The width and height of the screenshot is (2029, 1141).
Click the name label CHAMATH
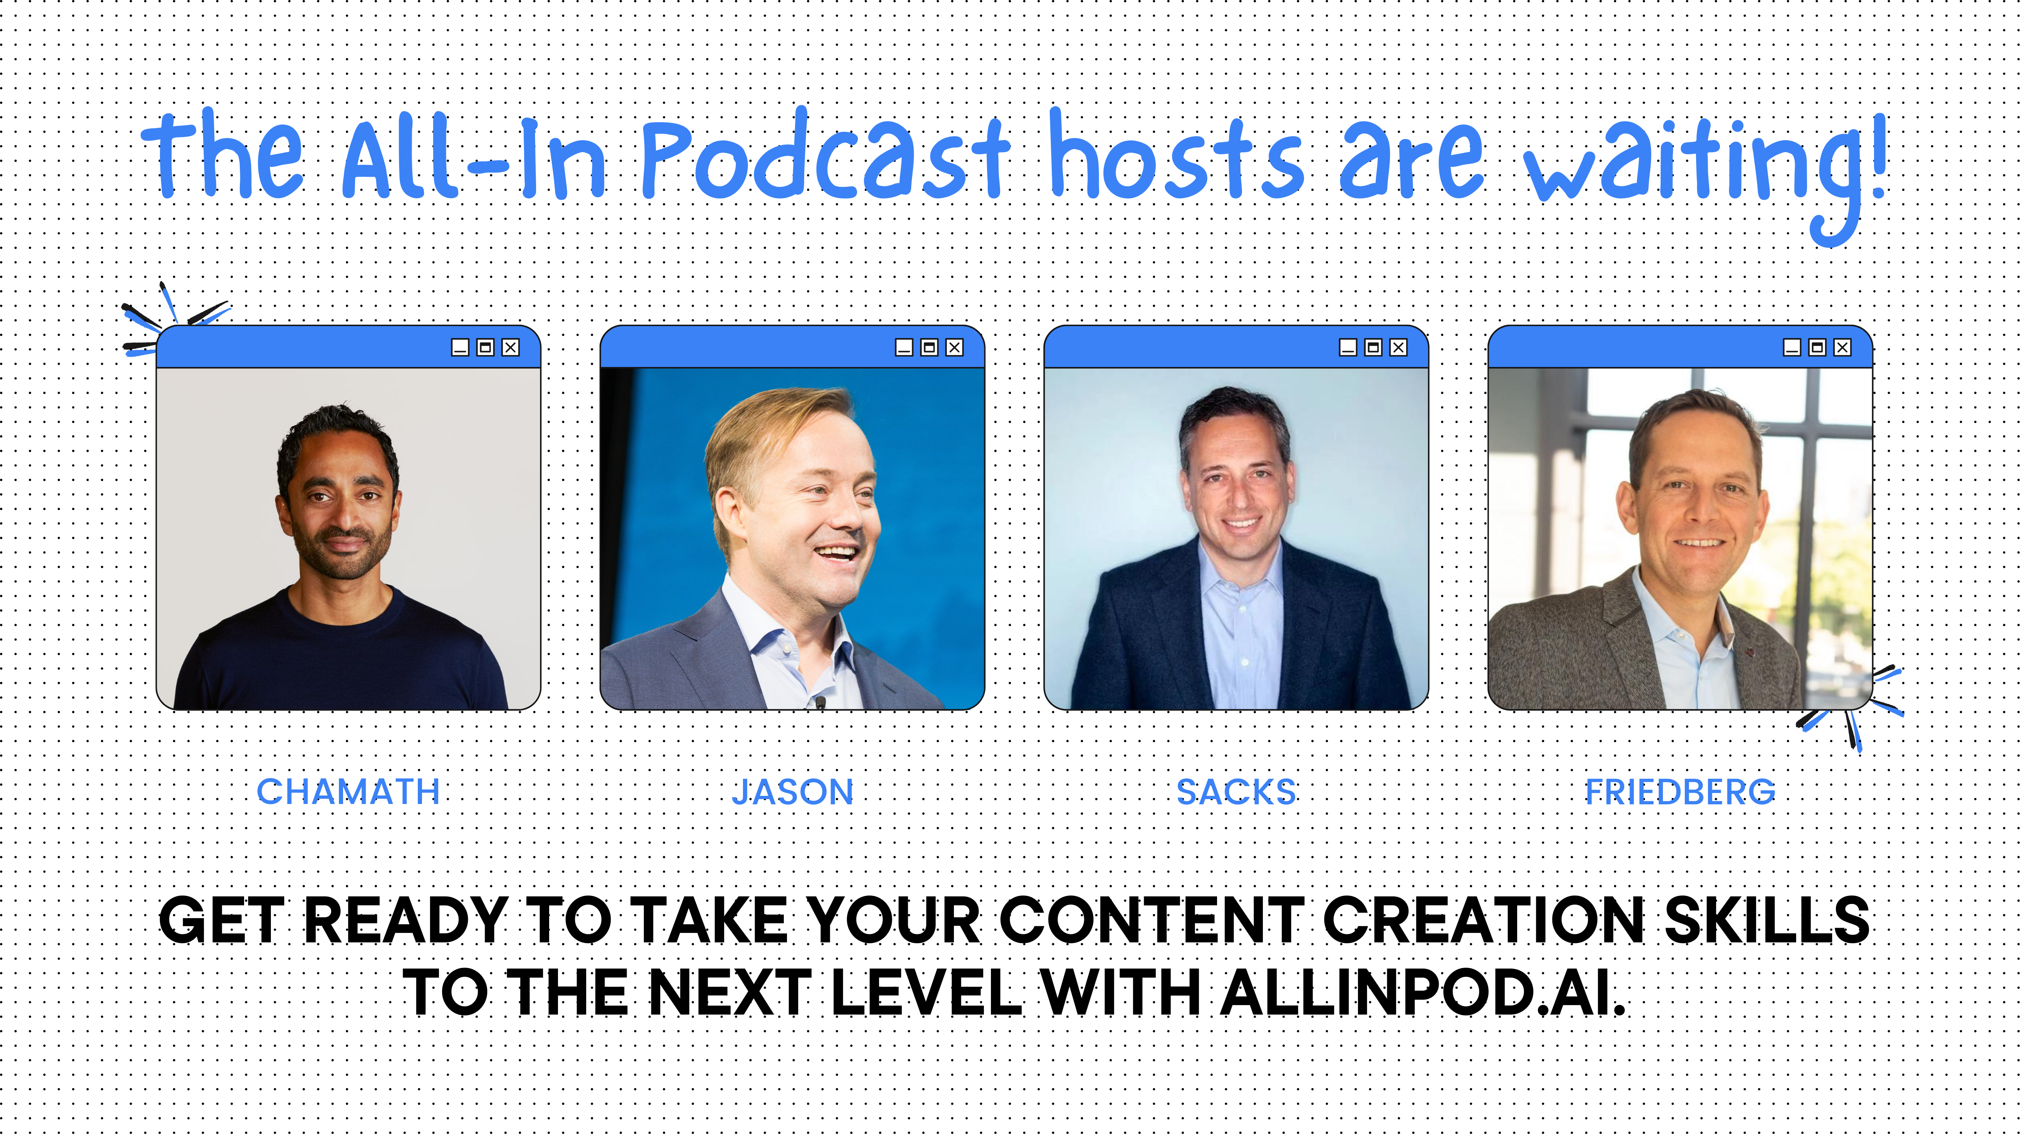[x=348, y=791]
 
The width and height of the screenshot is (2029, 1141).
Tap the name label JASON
[x=792, y=791]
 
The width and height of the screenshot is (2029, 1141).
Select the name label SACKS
[x=1236, y=791]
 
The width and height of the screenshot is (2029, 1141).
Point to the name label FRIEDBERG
[x=1680, y=791]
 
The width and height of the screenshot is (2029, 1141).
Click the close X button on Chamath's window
[x=510, y=347]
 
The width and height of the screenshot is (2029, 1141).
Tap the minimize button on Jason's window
[x=904, y=347]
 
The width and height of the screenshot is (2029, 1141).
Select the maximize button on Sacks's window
[x=1373, y=347]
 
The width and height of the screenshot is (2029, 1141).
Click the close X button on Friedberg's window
[x=1842, y=347]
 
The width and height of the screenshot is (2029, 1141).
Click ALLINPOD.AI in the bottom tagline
[x=1422, y=992]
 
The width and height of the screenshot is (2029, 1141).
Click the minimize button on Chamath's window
[x=460, y=347]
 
